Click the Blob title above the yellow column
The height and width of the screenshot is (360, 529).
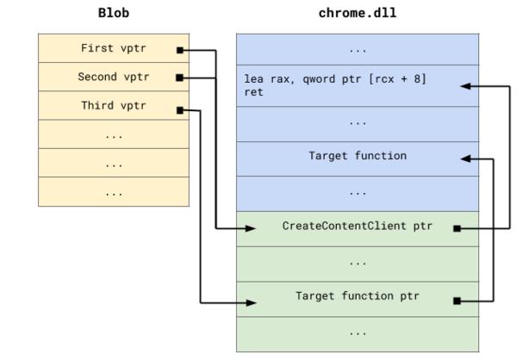(x=113, y=14)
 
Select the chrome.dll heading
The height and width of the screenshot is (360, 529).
(x=357, y=14)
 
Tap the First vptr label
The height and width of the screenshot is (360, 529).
(x=113, y=49)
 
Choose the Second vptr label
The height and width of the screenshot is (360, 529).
(x=113, y=78)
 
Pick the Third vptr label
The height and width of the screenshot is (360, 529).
(x=113, y=106)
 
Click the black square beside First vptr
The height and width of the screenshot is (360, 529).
(x=180, y=50)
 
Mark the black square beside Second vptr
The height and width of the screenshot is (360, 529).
(x=180, y=78)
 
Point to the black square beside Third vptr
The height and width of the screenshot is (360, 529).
(x=180, y=109)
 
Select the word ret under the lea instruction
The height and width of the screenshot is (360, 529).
(x=253, y=92)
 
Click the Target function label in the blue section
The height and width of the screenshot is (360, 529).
(x=357, y=156)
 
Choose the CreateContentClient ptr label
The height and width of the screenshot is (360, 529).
(x=357, y=227)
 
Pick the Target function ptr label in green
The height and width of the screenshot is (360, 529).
(x=357, y=296)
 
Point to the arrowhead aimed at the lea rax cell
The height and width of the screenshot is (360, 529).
(x=466, y=86)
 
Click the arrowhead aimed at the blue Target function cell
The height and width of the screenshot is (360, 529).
(x=466, y=158)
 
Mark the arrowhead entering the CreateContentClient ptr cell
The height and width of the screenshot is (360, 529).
(x=251, y=229)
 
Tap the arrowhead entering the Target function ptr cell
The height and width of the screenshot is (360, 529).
(x=251, y=302)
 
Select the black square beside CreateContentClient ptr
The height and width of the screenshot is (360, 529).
(x=457, y=229)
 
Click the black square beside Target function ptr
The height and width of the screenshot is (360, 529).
(x=457, y=301)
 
